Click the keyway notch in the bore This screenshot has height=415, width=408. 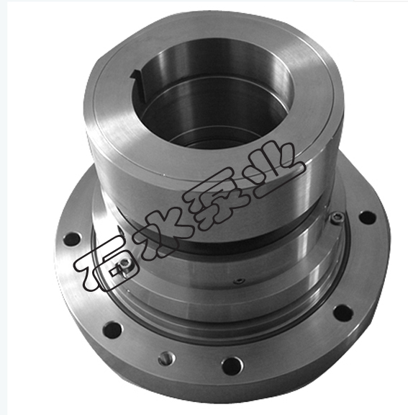[x=137, y=85]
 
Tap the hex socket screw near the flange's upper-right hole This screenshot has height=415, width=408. [x=337, y=218]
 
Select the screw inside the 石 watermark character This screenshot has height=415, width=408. [x=123, y=264]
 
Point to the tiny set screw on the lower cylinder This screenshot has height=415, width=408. [x=240, y=281]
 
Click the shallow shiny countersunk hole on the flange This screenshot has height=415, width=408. [x=166, y=359]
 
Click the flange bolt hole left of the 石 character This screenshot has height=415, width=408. [x=72, y=238]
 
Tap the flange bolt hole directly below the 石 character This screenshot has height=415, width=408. [x=112, y=330]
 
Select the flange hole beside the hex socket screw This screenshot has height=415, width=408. [x=367, y=218]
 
